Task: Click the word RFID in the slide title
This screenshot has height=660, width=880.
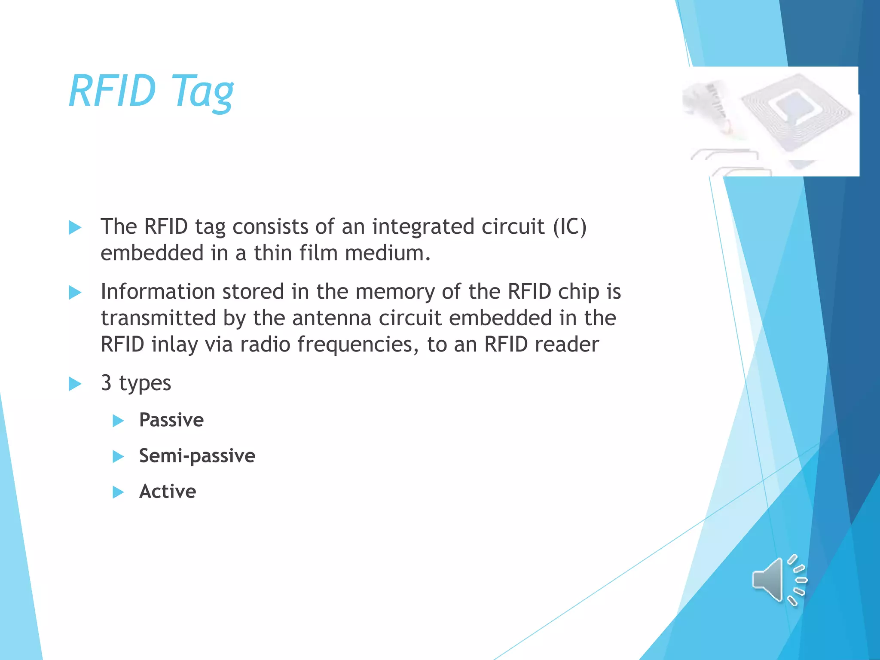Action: click(112, 91)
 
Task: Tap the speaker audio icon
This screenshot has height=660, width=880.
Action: click(779, 580)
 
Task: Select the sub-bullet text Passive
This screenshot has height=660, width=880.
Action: click(171, 420)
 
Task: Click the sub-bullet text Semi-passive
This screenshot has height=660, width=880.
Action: click(197, 456)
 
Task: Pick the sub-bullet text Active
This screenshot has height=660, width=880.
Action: click(168, 492)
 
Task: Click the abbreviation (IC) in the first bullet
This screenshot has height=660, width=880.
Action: click(569, 227)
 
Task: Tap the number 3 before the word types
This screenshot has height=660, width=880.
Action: click(106, 383)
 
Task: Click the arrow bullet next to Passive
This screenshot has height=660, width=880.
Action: click(118, 421)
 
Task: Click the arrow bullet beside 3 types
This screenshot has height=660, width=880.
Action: click(75, 384)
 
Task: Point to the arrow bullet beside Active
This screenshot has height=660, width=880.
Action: click(118, 492)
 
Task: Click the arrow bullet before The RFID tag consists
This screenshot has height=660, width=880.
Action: click(75, 227)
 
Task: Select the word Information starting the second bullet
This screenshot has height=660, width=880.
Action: click(157, 292)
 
